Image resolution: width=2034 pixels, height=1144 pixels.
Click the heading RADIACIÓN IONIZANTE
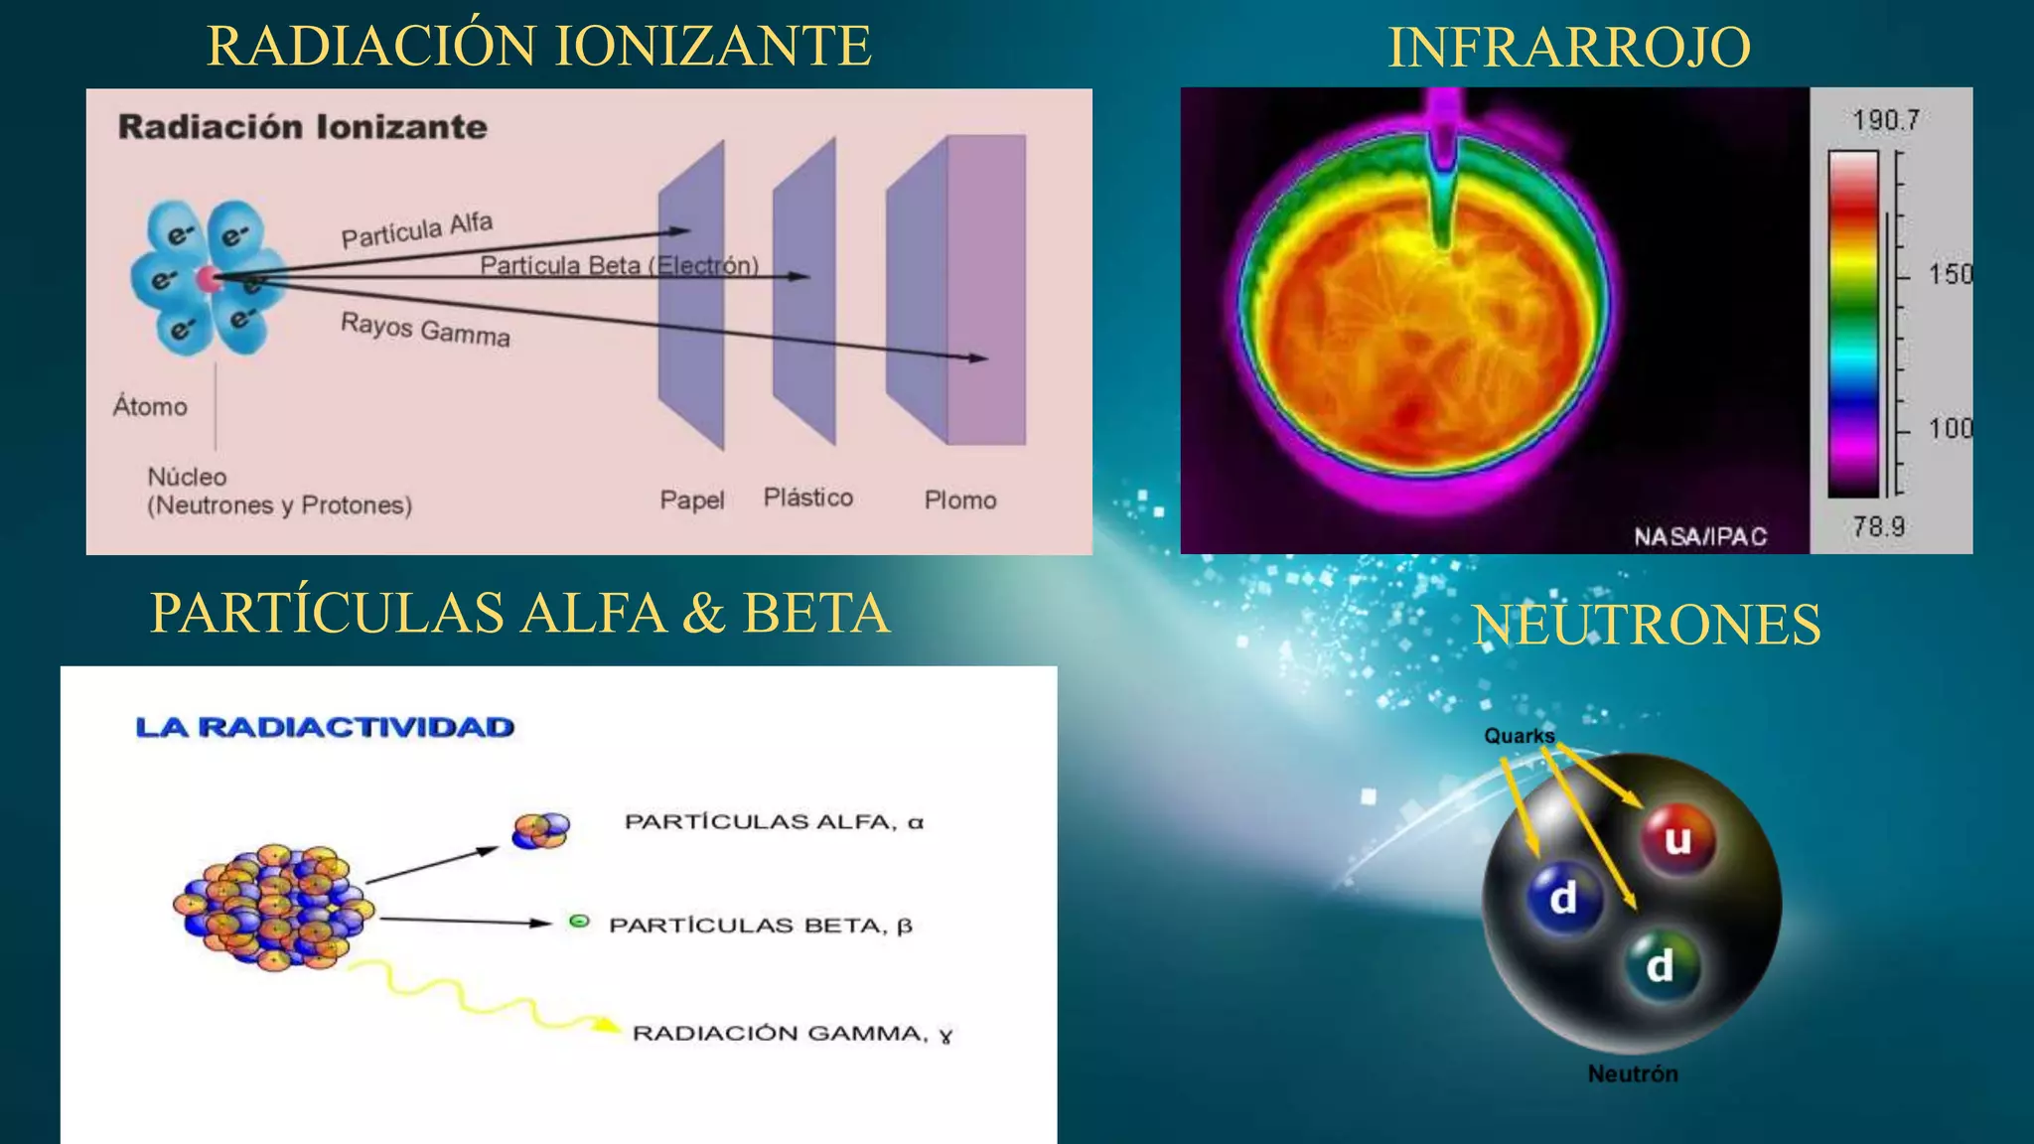click(x=539, y=46)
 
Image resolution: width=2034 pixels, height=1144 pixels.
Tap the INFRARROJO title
click(x=1569, y=47)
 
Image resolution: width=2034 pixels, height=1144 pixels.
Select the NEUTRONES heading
click(x=1647, y=625)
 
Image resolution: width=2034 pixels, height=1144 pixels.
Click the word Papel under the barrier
click(x=692, y=500)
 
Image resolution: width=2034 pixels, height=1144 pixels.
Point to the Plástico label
click(x=807, y=498)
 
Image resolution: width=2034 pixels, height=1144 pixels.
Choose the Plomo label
click(x=959, y=500)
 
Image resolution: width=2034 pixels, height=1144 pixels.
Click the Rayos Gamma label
click(x=425, y=329)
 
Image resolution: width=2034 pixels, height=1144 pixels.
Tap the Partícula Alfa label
click(x=417, y=230)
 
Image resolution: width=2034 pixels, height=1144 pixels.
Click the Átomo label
click(x=150, y=406)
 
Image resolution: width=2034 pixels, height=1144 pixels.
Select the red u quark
click(x=1677, y=839)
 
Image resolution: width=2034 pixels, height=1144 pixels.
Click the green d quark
click(x=1660, y=965)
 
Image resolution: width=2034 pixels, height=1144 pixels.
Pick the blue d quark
click(x=1563, y=898)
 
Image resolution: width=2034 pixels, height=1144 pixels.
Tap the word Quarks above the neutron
click(x=1519, y=736)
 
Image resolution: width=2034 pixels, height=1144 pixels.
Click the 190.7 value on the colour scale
click(x=1885, y=120)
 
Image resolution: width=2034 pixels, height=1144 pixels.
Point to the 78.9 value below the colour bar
click(x=1878, y=526)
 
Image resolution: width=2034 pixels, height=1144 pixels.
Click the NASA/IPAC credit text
click(x=1700, y=537)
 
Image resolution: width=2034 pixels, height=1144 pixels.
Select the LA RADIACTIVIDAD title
click(x=325, y=727)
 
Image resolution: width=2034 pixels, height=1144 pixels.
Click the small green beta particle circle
click(x=579, y=922)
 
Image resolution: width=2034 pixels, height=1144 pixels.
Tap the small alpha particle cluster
click(x=541, y=830)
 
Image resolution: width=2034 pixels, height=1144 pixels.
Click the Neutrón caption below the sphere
click(x=1633, y=1073)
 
